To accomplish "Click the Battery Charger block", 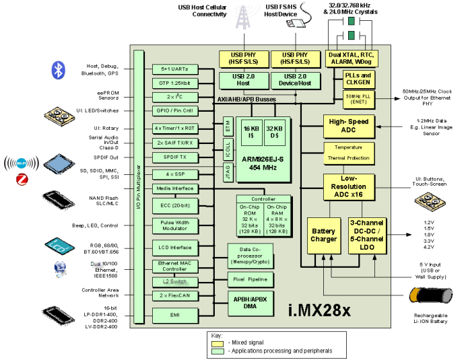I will [323, 236].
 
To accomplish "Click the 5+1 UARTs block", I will [175, 69].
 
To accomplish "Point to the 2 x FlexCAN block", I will [175, 296].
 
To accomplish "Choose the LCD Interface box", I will [175, 248].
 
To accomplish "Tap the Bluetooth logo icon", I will [59, 70].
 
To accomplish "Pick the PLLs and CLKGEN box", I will [358, 79].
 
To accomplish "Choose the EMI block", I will [175, 314].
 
